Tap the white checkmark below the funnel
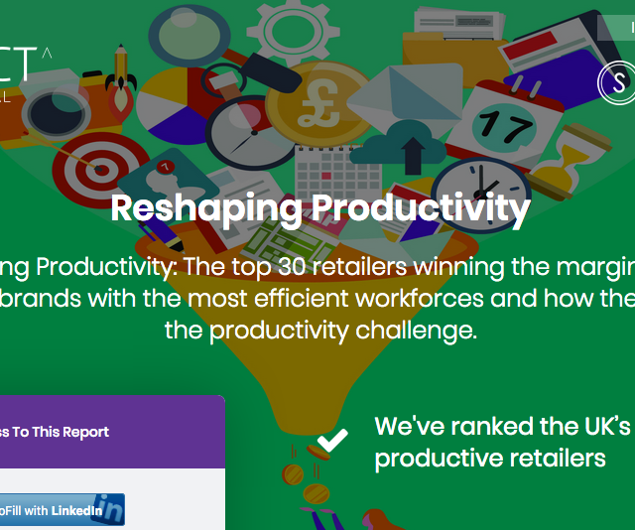(x=331, y=440)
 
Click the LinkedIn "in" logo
(x=108, y=510)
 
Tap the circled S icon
(x=618, y=83)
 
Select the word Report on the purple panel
(x=84, y=432)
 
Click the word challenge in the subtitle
(x=417, y=330)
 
